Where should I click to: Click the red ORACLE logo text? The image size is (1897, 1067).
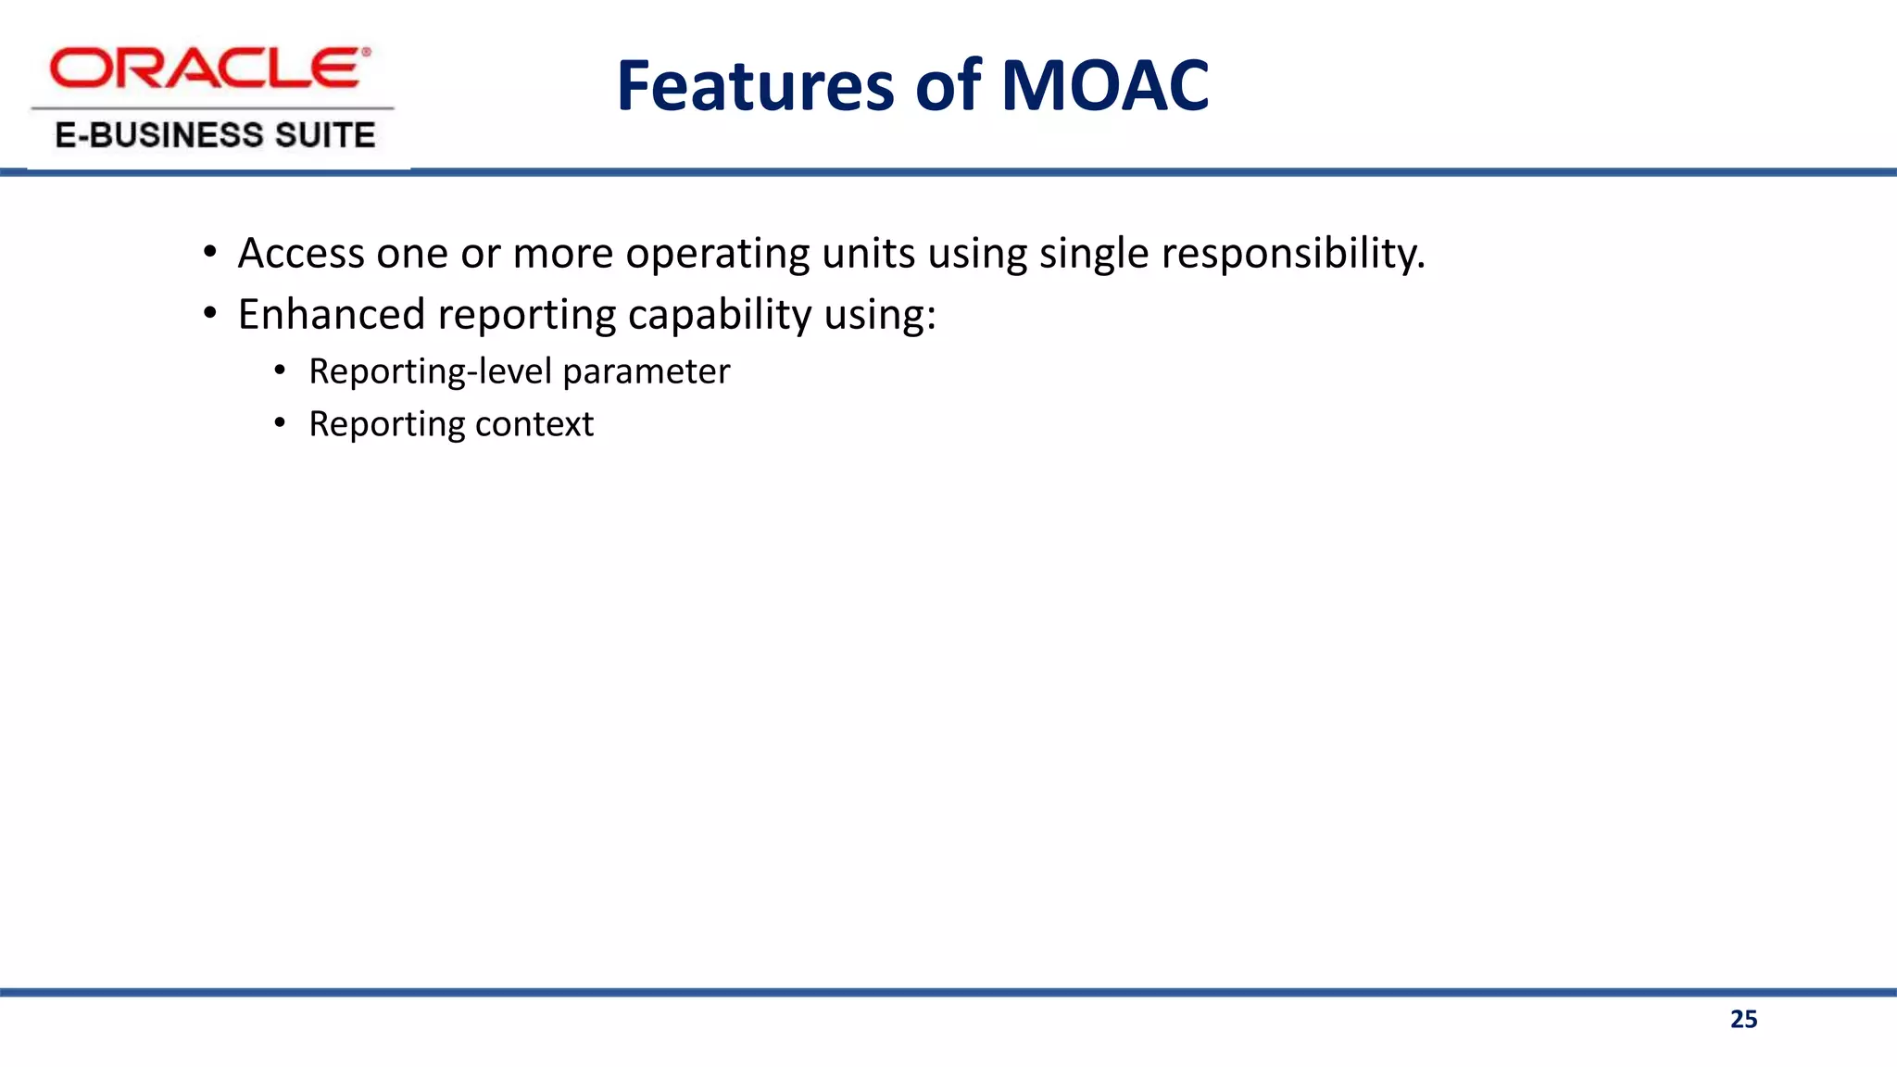pyautogui.click(x=209, y=69)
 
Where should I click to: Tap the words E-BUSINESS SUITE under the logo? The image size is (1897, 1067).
pyautogui.click(x=215, y=135)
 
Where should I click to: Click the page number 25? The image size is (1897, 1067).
pyautogui.click(x=1743, y=1019)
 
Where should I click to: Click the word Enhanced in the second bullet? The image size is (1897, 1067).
pyautogui.click(x=331, y=315)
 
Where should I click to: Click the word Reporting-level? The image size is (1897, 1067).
pyautogui.click(x=430, y=371)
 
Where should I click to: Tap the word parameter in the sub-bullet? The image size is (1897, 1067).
pyautogui.click(x=646, y=371)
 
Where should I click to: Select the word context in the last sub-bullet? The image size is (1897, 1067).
pyautogui.click(x=534, y=424)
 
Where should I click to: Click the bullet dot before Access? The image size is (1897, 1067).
pyautogui.click(x=210, y=253)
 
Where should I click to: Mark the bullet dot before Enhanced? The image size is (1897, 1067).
pyautogui.click(x=210, y=314)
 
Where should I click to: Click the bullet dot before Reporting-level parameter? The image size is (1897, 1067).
pyautogui.click(x=280, y=371)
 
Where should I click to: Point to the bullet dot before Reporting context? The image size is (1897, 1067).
pyautogui.click(x=280, y=424)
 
